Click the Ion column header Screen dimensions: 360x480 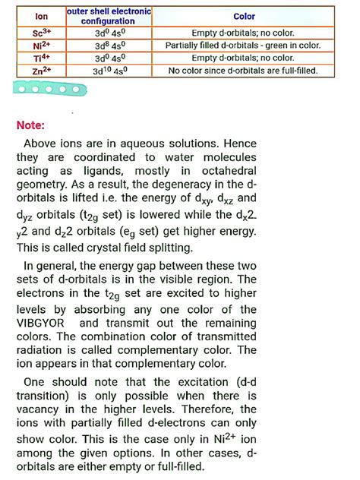(42, 15)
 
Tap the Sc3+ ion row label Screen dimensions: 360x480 (42, 33)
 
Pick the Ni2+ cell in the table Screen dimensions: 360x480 (42, 46)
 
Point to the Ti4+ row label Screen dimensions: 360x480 (42, 58)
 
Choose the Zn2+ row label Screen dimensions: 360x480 (42, 70)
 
